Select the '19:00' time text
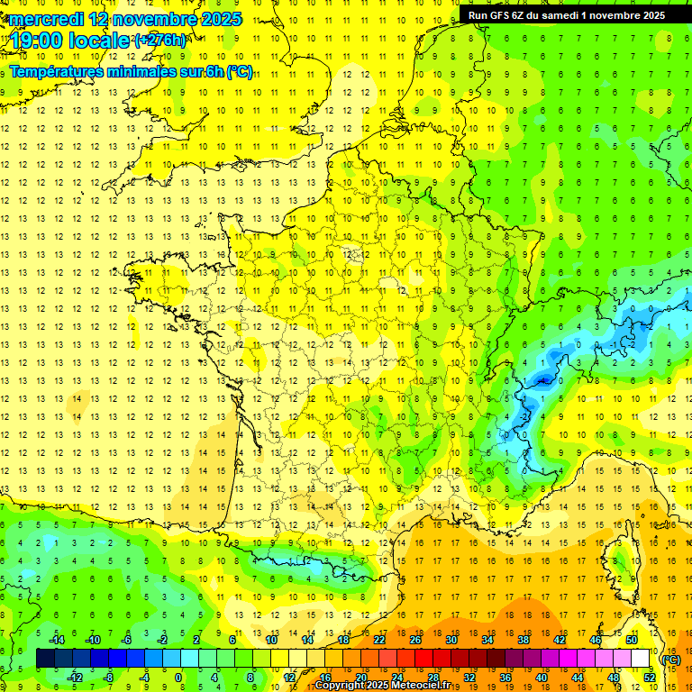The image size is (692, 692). [x=40, y=41]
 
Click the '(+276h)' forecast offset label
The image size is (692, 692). [x=160, y=41]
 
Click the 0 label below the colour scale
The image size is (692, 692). [x=178, y=678]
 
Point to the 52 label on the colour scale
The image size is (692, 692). [x=650, y=678]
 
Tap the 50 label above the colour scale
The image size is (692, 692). [x=632, y=640]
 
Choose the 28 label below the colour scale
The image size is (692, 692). [x=432, y=678]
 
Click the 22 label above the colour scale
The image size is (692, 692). [x=379, y=640]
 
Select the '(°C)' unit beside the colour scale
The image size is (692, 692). [x=670, y=659]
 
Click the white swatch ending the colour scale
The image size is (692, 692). [x=641, y=659]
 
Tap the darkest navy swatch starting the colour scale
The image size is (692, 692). [x=46, y=659]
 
